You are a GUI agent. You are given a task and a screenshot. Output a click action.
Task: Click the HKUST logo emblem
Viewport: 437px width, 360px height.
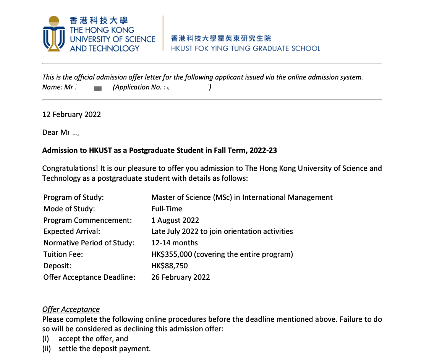(54, 34)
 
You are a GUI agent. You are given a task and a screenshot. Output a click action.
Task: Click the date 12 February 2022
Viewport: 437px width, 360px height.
(71, 115)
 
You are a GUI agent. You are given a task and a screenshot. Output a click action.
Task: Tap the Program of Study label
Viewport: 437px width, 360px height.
(74, 198)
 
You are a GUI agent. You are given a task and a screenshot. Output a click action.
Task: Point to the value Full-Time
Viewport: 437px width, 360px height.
(167, 209)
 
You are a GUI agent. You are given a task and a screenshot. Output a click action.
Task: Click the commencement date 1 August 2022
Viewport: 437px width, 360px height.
(175, 220)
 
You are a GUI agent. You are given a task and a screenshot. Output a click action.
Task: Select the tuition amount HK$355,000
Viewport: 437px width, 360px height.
(171, 255)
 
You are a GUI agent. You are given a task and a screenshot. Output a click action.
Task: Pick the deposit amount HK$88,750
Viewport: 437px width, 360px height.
(169, 266)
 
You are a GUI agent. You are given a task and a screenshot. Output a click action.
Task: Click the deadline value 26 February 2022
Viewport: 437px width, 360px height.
(180, 277)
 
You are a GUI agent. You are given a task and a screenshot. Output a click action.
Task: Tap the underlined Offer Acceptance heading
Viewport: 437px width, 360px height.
(71, 310)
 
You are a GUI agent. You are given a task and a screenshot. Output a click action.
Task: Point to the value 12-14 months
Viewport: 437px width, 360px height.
(175, 243)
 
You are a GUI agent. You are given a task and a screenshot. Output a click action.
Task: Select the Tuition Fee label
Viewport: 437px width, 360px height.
(63, 255)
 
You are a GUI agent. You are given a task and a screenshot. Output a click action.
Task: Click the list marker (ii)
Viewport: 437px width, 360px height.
(47, 349)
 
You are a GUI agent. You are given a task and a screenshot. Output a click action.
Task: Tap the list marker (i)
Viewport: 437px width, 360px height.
(46, 339)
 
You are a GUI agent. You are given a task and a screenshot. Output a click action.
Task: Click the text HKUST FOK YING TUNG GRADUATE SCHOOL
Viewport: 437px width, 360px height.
(245, 49)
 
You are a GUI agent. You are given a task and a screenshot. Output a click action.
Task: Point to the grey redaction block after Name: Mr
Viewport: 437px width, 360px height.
(98, 89)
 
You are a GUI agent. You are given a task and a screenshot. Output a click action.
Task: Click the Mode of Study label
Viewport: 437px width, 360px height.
(69, 209)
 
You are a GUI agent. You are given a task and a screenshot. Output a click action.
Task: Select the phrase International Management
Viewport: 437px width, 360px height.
(287, 198)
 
